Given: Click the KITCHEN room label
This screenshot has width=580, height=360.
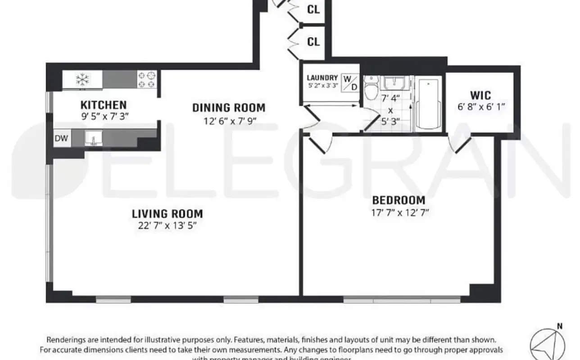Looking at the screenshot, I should point(103,105).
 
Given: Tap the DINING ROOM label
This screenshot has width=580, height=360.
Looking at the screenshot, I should point(228,108).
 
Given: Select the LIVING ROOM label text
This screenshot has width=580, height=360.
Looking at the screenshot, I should point(167,214).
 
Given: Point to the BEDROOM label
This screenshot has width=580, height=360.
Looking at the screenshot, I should point(399,200).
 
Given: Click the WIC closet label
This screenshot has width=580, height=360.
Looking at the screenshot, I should point(480,96).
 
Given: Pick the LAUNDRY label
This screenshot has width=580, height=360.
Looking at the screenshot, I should point(322,78).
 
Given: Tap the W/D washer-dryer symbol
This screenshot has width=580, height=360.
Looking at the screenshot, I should point(350,82).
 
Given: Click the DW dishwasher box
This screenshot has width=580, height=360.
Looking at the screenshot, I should point(61,138).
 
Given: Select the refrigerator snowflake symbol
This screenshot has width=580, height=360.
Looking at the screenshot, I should point(82,80).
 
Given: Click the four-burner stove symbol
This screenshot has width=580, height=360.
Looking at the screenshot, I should point(147,80).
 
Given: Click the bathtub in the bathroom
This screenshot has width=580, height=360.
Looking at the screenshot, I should point(427,105).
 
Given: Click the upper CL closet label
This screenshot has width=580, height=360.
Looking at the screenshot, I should point(313,9).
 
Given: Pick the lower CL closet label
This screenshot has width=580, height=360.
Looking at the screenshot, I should point(313,42).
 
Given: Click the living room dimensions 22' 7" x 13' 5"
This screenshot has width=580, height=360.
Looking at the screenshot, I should point(167,225).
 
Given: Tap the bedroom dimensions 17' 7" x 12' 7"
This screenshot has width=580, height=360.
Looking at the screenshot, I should point(399,212).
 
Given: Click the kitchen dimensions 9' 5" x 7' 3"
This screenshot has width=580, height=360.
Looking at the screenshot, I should point(103,116).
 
